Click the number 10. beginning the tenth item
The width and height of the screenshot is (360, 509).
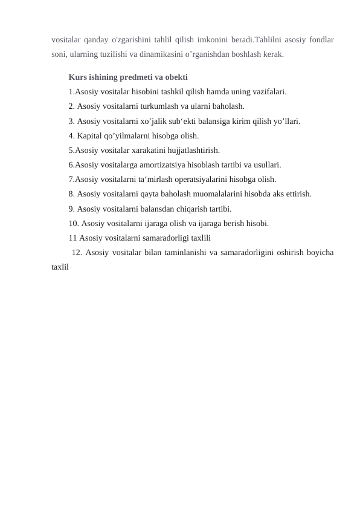74,224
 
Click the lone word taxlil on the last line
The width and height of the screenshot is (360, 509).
60,267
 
